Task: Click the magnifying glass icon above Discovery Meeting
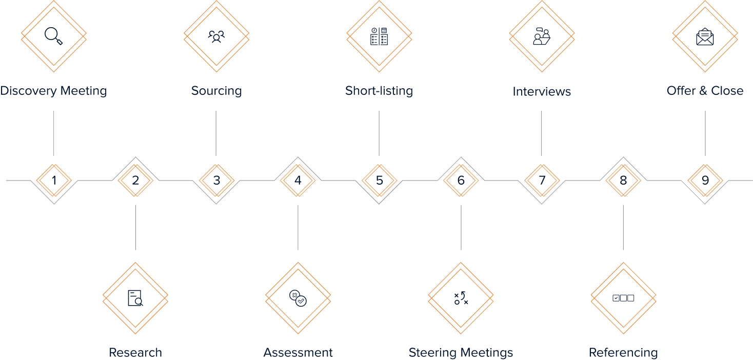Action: [53, 36]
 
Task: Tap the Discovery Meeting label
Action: [53, 91]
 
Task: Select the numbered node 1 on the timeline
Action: [54, 181]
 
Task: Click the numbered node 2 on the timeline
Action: [135, 181]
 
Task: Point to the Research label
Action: [135, 353]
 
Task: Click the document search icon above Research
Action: [135, 298]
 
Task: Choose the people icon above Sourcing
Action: [216, 36]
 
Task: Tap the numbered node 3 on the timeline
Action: [216, 181]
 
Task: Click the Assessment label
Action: [298, 353]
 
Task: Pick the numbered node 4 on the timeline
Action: [298, 181]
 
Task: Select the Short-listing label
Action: [379, 91]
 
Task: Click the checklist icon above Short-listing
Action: [379, 36]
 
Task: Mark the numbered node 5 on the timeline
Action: [379, 181]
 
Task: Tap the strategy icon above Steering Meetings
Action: [461, 298]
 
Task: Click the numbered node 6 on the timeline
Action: [461, 181]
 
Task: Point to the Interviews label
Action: [542, 92]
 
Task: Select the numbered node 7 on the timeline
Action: [542, 181]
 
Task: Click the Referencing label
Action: [623, 353]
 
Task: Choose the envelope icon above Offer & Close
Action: [705, 36]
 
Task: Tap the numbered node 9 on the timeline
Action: [705, 181]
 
